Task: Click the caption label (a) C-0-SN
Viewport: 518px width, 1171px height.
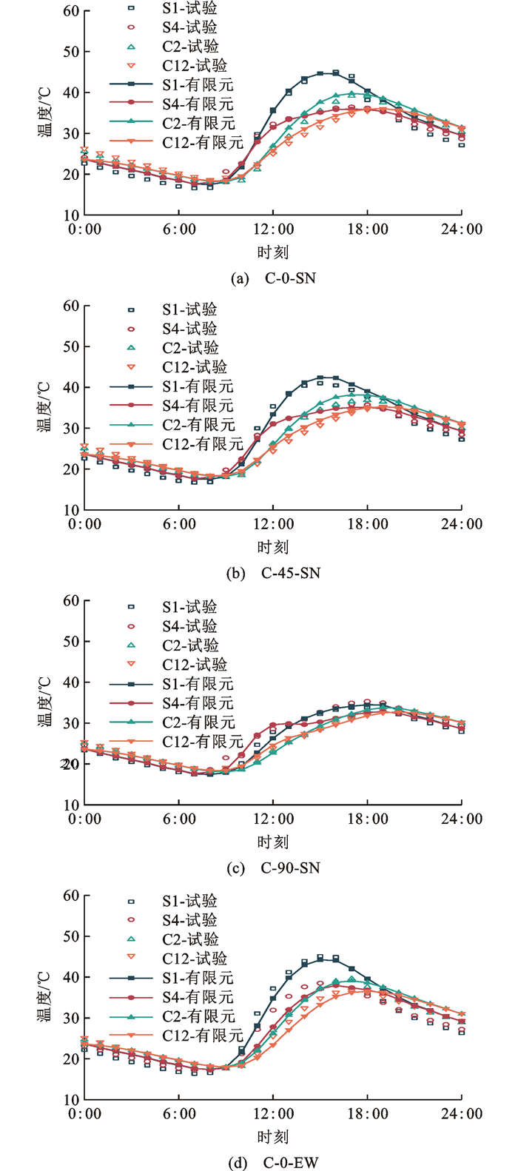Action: point(273,278)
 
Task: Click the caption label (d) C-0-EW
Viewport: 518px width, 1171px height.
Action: point(274,1162)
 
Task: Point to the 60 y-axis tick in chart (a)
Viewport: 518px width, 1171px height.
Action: point(71,11)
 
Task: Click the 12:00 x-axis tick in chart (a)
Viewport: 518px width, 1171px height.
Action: point(273,229)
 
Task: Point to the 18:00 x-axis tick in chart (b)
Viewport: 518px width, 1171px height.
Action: point(368,524)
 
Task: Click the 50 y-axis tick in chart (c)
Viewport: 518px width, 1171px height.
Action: point(71,642)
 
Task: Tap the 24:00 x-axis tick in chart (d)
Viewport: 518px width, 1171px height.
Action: point(462,1113)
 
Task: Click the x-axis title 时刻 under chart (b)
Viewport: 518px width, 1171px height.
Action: point(273,547)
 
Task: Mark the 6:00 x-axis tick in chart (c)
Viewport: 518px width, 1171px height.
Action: point(179,819)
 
